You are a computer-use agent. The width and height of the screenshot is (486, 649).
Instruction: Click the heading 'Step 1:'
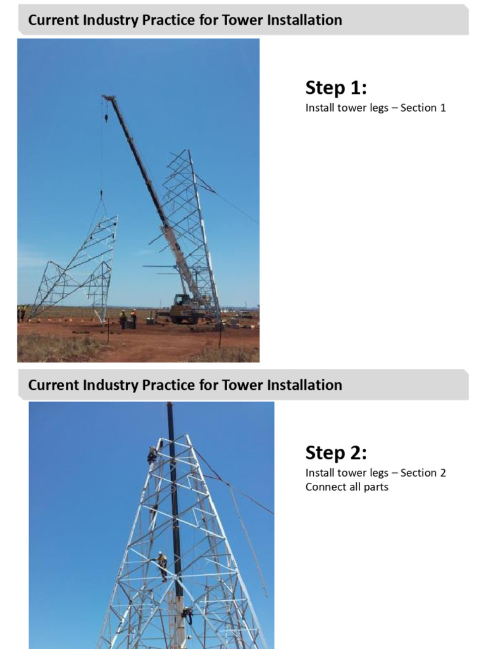336,87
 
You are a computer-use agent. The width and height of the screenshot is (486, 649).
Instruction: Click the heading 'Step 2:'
336,453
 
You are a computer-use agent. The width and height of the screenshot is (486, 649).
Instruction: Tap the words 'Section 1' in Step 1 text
423,108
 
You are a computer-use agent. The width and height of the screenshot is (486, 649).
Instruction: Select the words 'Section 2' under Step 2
423,473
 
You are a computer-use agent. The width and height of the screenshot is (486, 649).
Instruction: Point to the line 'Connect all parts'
347,487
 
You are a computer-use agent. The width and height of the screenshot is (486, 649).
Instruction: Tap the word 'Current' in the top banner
53,20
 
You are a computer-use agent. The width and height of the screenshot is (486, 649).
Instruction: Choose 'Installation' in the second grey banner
305,385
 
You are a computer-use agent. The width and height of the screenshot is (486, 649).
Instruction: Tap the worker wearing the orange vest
134,316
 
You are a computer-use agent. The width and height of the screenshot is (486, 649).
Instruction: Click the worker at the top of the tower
153,454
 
